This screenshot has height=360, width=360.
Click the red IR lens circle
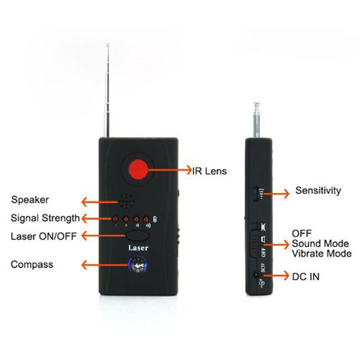138,170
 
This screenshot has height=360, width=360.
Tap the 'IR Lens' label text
209,171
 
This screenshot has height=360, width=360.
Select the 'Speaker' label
30,200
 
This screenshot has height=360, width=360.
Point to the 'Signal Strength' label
45,218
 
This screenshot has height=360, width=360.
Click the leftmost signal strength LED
115,219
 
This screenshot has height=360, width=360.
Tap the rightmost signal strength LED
146,219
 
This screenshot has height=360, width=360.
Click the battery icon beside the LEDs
155,219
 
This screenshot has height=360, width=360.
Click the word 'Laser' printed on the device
138,248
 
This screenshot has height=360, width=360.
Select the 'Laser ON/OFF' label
44,236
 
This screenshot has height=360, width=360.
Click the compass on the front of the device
138,265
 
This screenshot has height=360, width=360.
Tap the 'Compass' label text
32,265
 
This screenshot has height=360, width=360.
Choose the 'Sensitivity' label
318,190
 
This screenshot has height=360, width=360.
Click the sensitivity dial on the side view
256,194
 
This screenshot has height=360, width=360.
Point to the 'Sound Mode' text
320,243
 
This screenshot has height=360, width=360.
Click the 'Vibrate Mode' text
322,254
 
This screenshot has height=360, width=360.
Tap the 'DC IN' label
306,277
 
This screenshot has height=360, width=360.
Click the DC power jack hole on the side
256,274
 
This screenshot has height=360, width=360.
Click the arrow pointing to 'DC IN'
275,275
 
